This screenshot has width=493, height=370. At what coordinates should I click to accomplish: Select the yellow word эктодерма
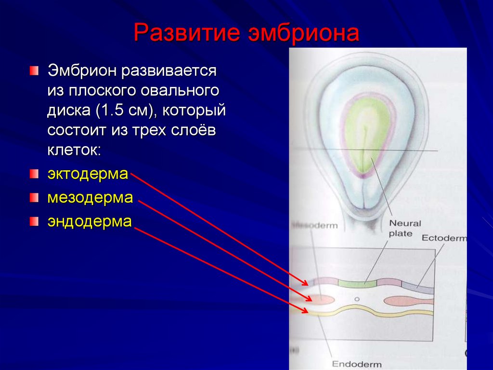(x=88, y=174)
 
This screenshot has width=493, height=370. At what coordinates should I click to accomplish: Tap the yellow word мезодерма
(x=90, y=198)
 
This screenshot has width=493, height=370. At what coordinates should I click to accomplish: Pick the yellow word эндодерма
(x=89, y=221)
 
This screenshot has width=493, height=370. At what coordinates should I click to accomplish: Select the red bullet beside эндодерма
(x=33, y=221)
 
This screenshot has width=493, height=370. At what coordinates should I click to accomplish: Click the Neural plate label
(x=404, y=228)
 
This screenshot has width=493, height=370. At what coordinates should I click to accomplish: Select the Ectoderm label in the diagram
(x=444, y=238)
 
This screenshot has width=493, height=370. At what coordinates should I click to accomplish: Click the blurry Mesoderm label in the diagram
(x=315, y=225)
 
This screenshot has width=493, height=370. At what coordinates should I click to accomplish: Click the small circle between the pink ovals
(x=357, y=299)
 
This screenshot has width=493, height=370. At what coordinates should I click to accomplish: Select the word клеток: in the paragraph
(x=74, y=150)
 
